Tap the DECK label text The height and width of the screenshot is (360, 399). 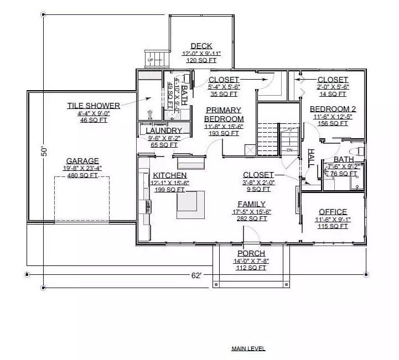(201, 46)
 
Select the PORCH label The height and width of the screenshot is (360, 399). (251, 253)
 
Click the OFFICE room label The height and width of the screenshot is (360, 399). (333, 212)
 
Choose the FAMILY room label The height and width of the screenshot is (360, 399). (251, 204)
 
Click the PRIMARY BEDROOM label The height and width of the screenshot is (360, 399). (224, 114)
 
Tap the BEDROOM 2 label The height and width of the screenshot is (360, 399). (333, 109)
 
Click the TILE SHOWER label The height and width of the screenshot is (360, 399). (94, 105)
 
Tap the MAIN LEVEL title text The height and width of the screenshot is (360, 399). (248, 348)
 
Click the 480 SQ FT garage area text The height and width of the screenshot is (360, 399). (82, 176)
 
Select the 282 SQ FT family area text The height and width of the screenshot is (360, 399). (252, 218)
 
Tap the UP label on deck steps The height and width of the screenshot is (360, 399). (150, 59)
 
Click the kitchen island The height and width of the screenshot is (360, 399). (190, 202)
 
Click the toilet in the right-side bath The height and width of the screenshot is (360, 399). (358, 150)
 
